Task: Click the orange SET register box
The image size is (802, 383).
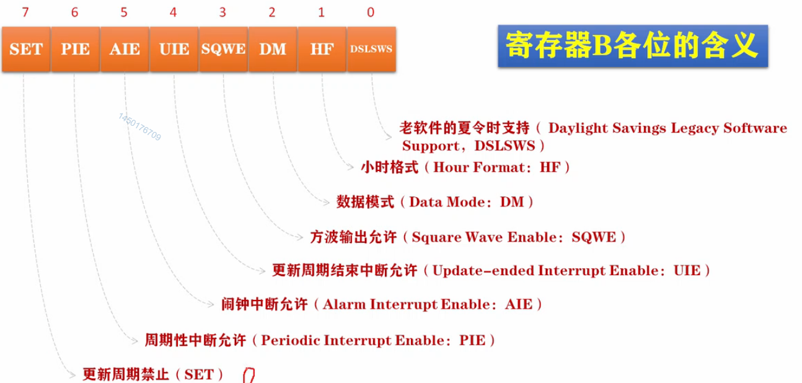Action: [x=26, y=49]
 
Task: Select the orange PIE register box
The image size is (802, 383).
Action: [x=75, y=49]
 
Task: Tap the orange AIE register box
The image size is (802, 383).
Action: [x=125, y=49]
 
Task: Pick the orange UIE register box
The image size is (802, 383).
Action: [x=174, y=49]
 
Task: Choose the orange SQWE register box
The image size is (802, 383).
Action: [x=223, y=49]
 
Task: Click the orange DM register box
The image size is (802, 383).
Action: [x=273, y=49]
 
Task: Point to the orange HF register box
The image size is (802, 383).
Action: [x=322, y=49]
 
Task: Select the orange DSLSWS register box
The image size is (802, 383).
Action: [x=371, y=49]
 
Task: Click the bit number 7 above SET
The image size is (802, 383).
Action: [x=25, y=12]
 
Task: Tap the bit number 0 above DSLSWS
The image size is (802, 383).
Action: [x=371, y=12]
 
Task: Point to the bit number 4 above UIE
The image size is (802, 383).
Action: [x=174, y=12]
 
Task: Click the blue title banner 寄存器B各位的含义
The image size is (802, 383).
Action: [x=633, y=46]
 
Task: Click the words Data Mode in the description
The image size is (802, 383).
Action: [x=447, y=202]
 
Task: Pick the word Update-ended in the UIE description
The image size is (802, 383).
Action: [x=483, y=271]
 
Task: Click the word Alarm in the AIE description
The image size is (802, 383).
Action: [x=345, y=304]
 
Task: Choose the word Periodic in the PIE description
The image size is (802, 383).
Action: [x=290, y=340]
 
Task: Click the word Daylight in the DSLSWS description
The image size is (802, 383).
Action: [x=578, y=128]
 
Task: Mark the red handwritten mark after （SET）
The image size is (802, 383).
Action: [x=249, y=376]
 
